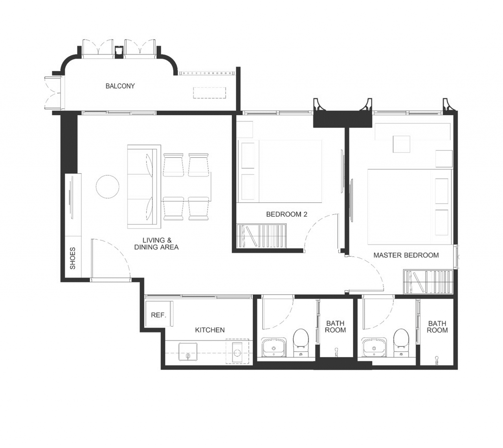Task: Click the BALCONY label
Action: point(120,86)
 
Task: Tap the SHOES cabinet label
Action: point(72,258)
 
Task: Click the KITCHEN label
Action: point(210,330)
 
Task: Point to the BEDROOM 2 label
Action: point(287,214)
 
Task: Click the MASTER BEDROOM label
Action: point(406,255)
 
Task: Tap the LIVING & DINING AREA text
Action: point(156,244)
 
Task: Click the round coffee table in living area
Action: point(108,187)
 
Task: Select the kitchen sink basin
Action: point(188,351)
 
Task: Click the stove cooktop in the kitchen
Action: point(237,351)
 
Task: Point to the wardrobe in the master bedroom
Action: point(428,282)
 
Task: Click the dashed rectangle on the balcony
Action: point(209,93)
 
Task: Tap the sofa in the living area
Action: point(144,187)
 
